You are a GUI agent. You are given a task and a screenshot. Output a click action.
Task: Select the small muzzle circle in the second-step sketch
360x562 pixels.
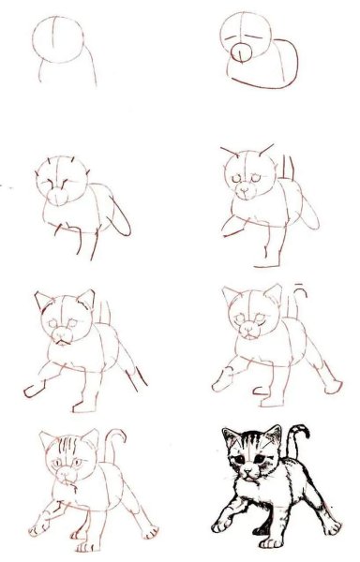tap(240, 52)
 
